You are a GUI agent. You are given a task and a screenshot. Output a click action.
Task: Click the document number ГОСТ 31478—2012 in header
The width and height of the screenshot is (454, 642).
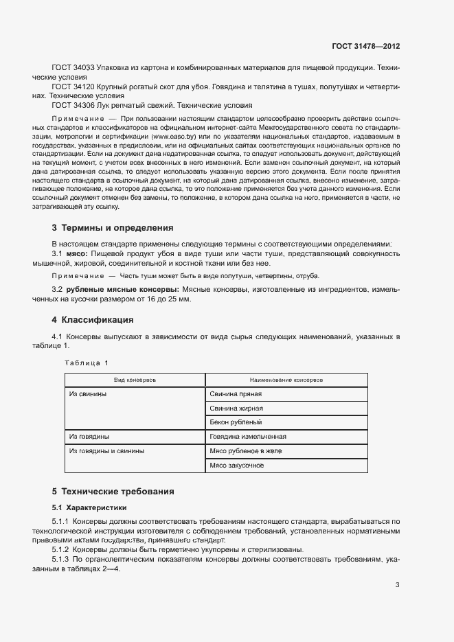point(365,47)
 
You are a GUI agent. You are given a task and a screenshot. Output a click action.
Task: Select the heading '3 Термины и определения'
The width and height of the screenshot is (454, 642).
point(113,227)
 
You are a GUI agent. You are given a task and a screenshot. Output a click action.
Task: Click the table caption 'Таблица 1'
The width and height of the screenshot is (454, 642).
point(87,363)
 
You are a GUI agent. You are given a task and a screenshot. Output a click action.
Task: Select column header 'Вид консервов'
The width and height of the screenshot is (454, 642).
point(135,379)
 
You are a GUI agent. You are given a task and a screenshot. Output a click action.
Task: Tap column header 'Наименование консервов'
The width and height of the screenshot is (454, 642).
point(286,379)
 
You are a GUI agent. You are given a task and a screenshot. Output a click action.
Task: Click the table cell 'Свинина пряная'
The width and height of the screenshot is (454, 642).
point(236,394)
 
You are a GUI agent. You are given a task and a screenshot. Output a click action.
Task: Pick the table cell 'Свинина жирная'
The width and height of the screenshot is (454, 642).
point(236,409)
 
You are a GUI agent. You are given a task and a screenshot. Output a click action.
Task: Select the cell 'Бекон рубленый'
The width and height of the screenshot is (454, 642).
point(236,422)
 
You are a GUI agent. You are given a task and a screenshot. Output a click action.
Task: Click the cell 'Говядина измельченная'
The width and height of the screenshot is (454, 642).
point(248,437)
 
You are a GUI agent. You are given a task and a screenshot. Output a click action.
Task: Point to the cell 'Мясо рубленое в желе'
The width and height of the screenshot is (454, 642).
point(246,451)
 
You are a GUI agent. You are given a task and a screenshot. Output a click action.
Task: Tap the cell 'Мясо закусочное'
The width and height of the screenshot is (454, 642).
point(237,466)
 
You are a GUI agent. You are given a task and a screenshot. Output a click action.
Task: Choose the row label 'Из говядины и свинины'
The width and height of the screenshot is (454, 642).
point(106,451)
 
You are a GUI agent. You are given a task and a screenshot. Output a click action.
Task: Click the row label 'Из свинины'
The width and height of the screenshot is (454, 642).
point(87,394)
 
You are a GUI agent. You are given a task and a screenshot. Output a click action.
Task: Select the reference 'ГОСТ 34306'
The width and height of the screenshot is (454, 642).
point(73,106)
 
